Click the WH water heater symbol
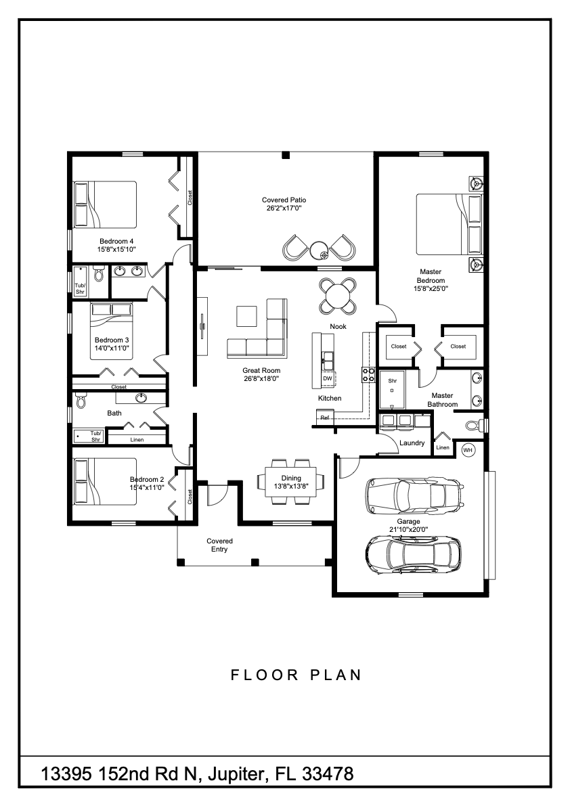click(468, 449)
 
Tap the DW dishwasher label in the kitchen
click(328, 378)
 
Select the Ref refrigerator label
click(325, 418)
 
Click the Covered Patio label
click(284, 200)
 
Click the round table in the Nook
click(338, 296)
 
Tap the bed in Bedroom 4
click(106, 204)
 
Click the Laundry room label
click(412, 443)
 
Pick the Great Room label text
click(261, 371)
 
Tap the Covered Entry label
click(219, 545)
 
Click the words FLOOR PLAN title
click(296, 675)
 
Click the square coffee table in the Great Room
click(246, 317)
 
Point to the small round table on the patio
click(320, 248)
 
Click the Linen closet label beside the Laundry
click(442, 447)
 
